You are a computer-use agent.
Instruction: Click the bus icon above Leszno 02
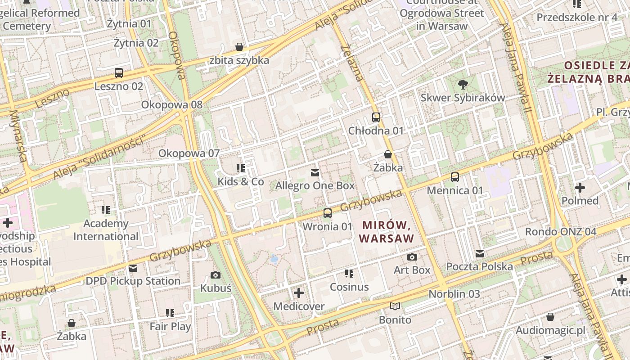[119, 73]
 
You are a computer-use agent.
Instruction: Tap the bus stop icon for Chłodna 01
[376, 117]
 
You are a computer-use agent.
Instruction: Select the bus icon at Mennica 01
[455, 177]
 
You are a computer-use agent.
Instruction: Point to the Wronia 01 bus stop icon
[328, 213]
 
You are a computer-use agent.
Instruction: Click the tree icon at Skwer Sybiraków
[462, 84]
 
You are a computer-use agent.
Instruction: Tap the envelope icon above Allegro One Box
[315, 173]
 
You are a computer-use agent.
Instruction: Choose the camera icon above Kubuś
[216, 275]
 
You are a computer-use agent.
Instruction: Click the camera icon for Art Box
[412, 257]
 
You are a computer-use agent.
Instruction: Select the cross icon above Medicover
[299, 293]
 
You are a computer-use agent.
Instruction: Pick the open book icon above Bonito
[395, 306]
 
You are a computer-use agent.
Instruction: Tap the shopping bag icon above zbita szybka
[239, 47]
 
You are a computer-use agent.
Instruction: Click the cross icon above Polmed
[580, 187]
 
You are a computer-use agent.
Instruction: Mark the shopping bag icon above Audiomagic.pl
[550, 317]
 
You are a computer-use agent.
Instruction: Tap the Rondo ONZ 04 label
[561, 232]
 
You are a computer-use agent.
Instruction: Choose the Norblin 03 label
[454, 294]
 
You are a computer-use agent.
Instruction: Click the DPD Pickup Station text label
[133, 281]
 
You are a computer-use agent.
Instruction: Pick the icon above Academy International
[106, 210]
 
